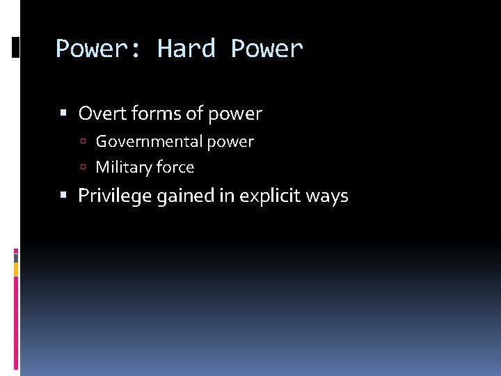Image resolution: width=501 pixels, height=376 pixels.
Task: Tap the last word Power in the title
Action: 267,49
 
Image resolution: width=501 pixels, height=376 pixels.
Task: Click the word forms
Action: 150,113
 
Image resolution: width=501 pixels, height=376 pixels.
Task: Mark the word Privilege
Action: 115,196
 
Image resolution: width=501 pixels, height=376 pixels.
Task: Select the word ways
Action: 326,196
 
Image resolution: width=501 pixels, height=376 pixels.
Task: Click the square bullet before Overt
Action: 64,113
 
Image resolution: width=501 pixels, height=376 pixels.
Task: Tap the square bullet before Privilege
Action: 64,196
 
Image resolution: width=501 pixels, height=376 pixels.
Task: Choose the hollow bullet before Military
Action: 82,168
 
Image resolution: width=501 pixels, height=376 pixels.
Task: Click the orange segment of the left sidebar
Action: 16,268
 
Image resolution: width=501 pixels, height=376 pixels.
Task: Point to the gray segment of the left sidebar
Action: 16,257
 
